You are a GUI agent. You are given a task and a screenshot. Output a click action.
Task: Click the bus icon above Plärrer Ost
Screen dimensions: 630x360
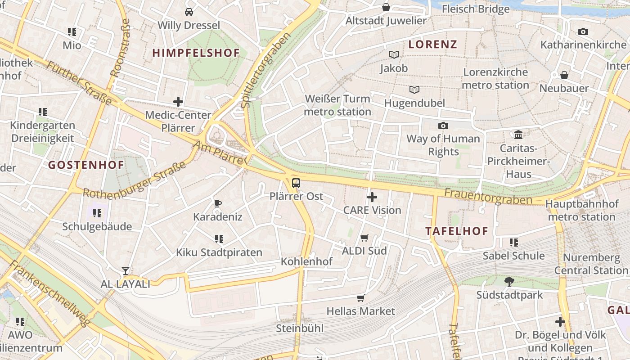[296, 183]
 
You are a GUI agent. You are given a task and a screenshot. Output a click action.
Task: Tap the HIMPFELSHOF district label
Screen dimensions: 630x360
[196, 53]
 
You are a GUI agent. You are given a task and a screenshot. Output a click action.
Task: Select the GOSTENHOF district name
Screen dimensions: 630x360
[86, 165]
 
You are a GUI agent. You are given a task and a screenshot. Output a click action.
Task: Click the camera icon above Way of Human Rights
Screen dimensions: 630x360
[443, 126]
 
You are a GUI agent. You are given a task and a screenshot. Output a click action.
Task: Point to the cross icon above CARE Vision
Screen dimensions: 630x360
[372, 197]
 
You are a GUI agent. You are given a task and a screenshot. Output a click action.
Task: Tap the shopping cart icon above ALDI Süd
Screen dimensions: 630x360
[364, 238]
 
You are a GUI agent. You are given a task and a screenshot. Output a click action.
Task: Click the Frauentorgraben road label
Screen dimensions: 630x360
[488, 197]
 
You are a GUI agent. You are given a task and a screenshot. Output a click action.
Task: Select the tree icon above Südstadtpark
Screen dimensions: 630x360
[509, 282]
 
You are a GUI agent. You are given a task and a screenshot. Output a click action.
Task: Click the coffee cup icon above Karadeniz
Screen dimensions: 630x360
[218, 203]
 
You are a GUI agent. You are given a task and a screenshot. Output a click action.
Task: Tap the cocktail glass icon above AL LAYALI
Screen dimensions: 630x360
[125, 271]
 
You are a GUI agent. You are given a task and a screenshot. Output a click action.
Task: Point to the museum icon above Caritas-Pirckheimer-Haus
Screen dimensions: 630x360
[518, 135]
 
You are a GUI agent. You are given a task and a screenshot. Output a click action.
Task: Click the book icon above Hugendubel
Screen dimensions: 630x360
[414, 90]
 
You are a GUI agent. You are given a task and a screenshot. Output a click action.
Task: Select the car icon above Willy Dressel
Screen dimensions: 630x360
[189, 12]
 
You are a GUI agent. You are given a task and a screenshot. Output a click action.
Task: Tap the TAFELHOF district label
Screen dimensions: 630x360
[457, 231]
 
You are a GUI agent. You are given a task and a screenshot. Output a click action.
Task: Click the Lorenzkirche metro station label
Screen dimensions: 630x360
[495, 78]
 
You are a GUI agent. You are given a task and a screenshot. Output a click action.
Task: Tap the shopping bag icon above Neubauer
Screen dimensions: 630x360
[564, 75]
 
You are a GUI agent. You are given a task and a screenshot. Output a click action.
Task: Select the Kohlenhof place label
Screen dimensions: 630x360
[306, 261]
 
